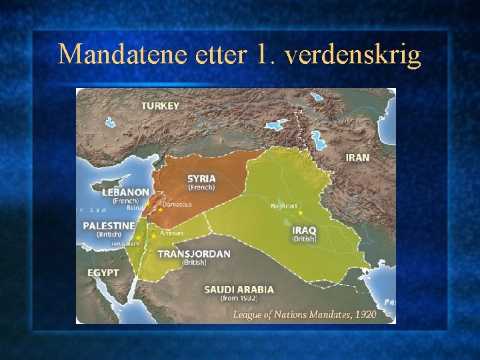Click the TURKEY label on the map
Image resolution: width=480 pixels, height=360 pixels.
(160, 106)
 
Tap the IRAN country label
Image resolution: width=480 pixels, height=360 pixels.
(357, 157)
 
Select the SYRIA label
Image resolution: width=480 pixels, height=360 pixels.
(201, 179)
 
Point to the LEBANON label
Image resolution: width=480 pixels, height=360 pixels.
(125, 192)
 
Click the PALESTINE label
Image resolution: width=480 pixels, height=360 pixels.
(109, 226)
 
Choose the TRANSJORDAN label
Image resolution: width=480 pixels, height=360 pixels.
(194, 254)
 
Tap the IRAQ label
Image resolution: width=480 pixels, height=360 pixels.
(305, 230)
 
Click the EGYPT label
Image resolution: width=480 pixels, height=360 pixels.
(103, 273)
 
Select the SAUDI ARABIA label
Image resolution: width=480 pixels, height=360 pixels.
(239, 289)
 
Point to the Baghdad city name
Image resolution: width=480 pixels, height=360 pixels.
(284, 206)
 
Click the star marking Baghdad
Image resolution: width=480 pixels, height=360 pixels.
(301, 213)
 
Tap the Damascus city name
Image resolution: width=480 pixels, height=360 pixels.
(176, 205)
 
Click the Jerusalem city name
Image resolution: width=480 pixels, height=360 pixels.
(125, 244)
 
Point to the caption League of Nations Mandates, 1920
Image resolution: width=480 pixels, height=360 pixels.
(305, 313)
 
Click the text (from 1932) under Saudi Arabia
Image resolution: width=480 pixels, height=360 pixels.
(239, 299)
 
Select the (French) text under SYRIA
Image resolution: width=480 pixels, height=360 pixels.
(201, 187)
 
